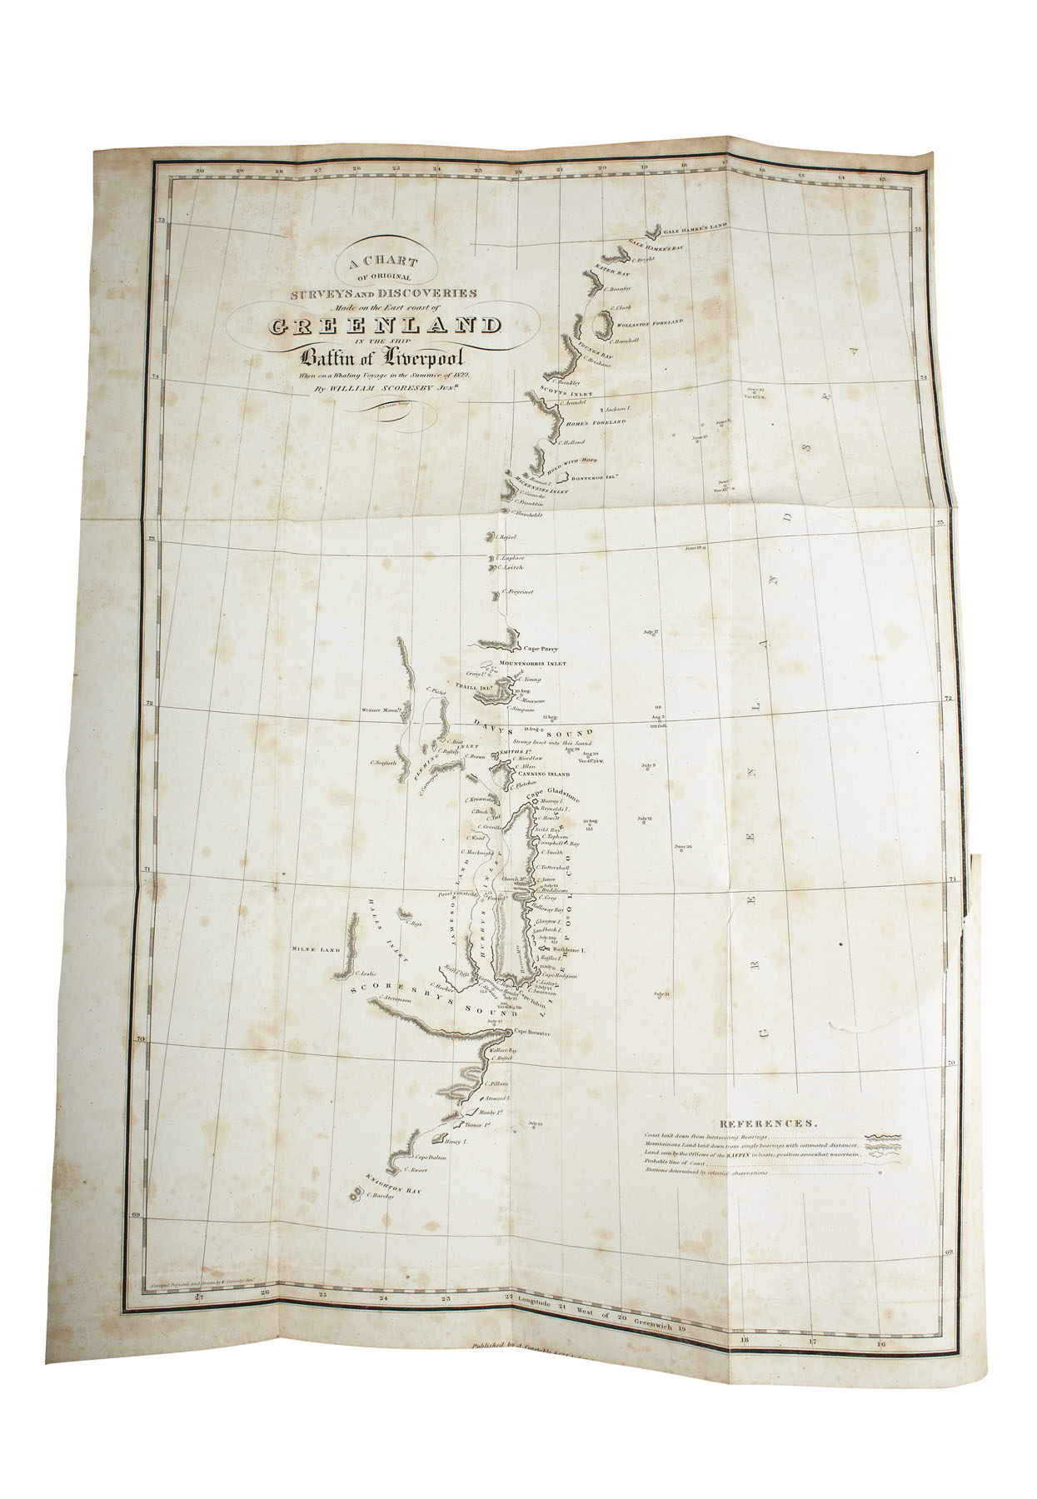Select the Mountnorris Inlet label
pos(532,664)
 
